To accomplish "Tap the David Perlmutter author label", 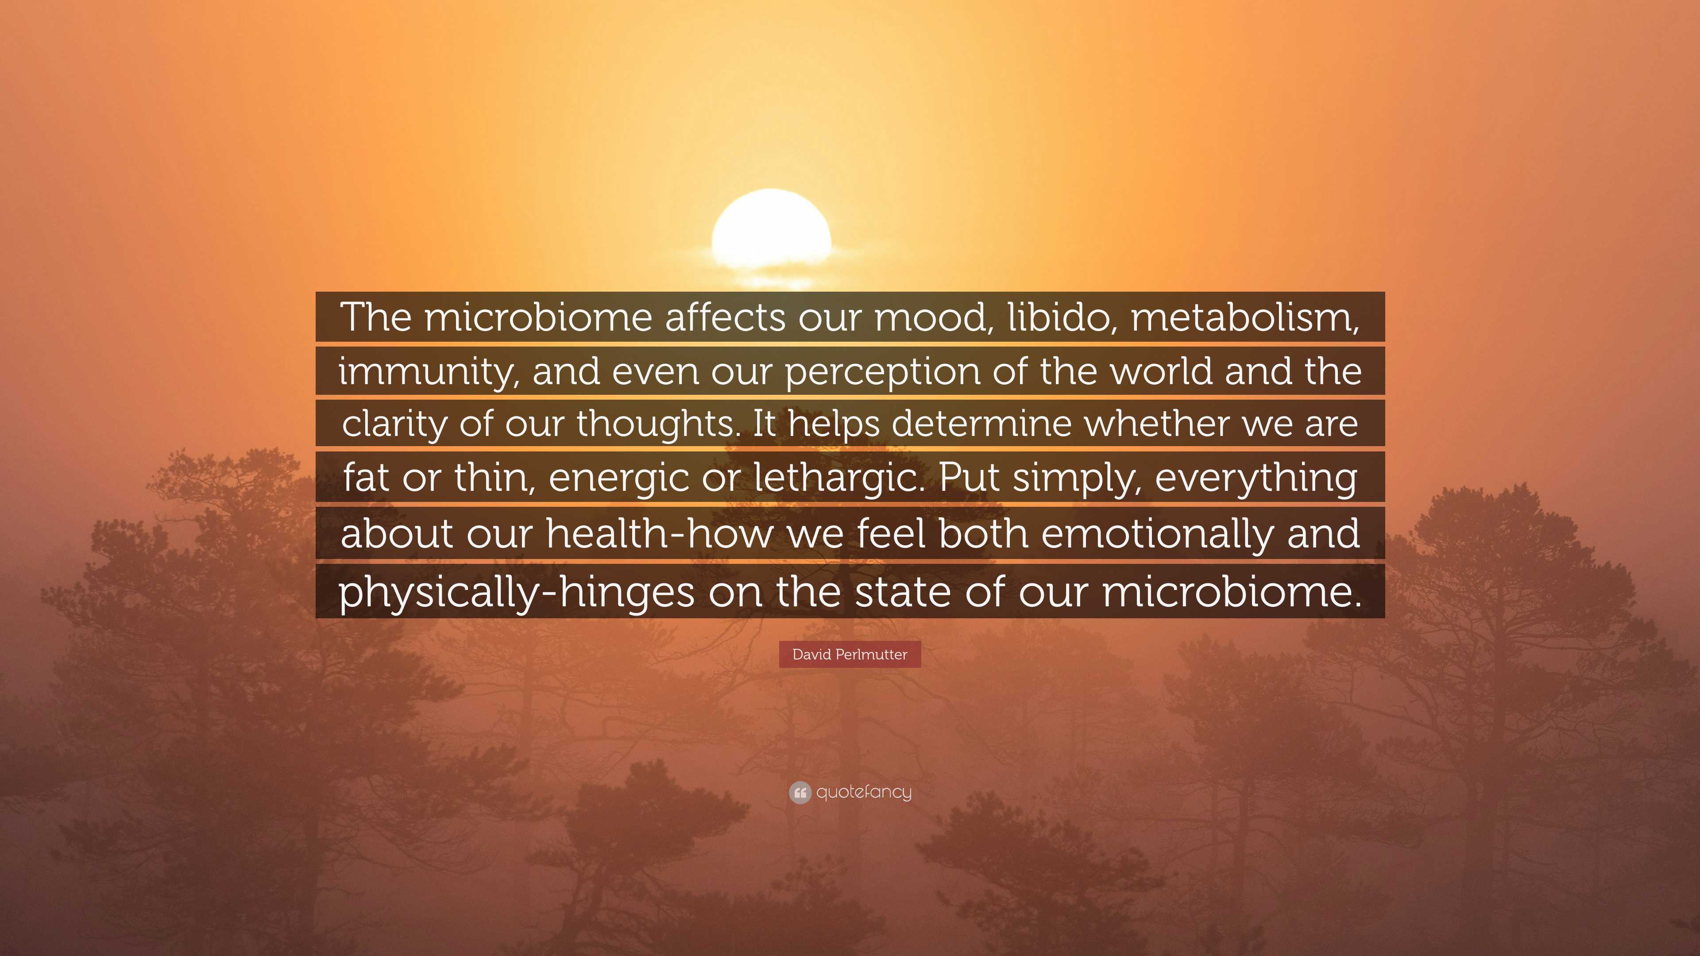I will [x=850, y=655].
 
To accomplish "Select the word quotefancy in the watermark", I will [x=863, y=792].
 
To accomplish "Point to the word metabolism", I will [x=1244, y=317].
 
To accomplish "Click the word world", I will [x=1162, y=371].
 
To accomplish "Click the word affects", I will [x=725, y=317].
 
